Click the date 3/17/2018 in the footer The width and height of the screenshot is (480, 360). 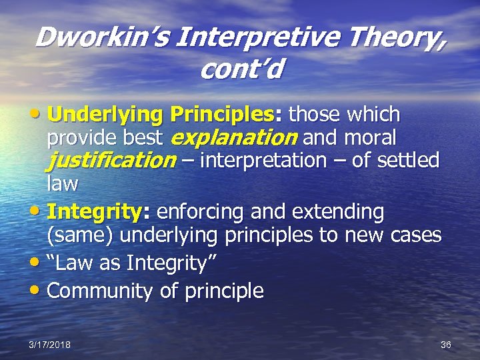click(49, 345)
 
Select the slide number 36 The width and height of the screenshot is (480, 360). click(446, 345)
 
